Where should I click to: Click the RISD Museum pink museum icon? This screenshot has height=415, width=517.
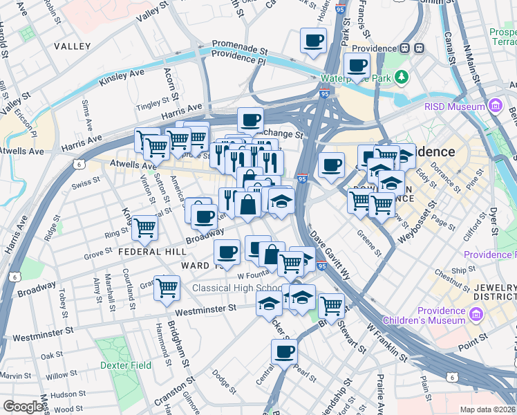(495, 107)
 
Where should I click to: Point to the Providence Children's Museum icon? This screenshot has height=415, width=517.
(476, 315)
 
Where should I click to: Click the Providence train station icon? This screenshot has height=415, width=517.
(418, 48)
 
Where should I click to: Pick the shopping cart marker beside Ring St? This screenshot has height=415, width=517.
(144, 227)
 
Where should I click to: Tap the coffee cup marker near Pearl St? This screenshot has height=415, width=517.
(284, 351)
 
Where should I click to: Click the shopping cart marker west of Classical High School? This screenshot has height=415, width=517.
(167, 287)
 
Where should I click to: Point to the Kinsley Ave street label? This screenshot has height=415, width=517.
(122, 77)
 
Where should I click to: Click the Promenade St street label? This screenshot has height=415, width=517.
(239, 50)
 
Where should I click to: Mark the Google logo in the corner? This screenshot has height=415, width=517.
(23, 407)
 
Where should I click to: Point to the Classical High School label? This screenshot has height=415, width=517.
(237, 288)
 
